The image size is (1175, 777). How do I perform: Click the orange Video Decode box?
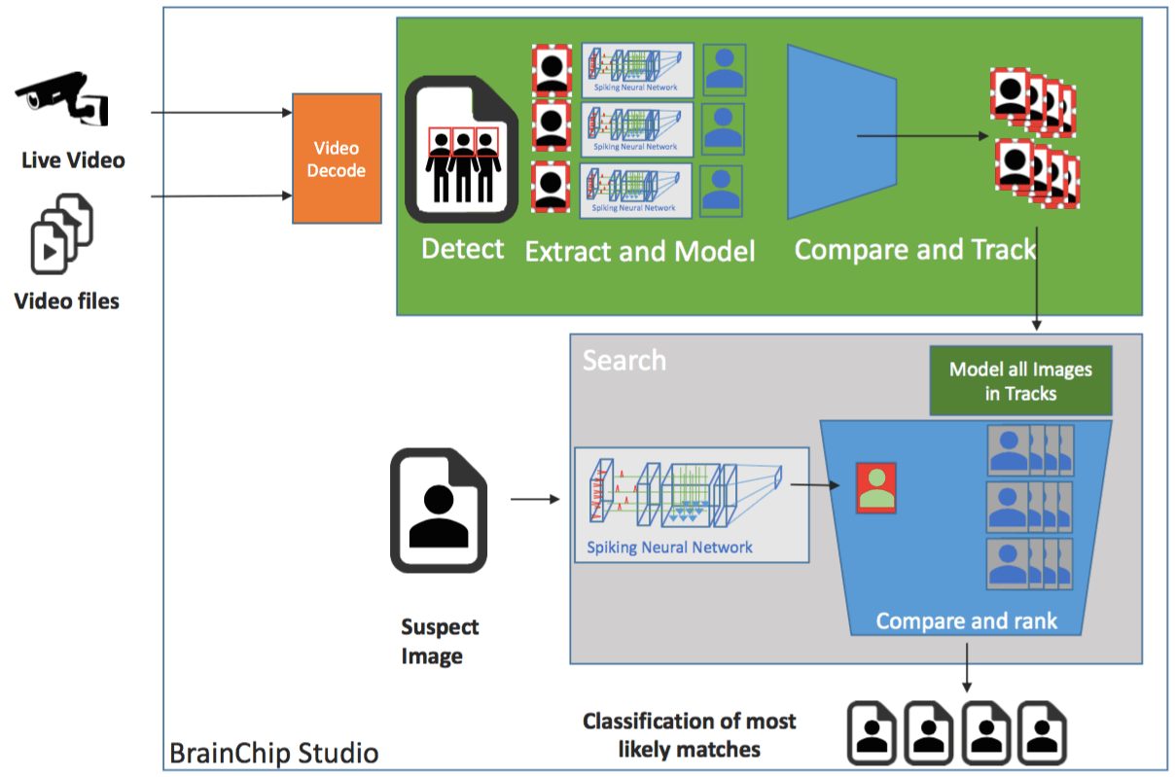click(337, 159)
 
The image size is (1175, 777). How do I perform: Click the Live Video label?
click(73, 159)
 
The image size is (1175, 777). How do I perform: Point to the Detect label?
click(463, 249)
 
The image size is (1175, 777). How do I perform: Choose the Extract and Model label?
click(640, 252)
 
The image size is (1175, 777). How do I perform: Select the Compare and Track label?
click(915, 250)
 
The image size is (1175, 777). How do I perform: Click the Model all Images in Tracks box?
click(1020, 381)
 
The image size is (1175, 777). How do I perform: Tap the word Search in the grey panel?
click(624, 361)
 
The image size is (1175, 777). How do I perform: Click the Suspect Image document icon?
click(438, 511)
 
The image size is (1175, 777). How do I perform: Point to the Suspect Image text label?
click(440, 642)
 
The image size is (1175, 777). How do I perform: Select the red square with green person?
click(876, 488)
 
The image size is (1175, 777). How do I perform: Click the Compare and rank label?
click(966, 620)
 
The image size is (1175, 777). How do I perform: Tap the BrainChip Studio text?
click(273, 753)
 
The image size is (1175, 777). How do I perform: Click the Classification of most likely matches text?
click(689, 734)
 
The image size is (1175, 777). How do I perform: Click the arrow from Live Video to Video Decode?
click(222, 113)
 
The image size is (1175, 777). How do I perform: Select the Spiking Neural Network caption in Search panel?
click(669, 547)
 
